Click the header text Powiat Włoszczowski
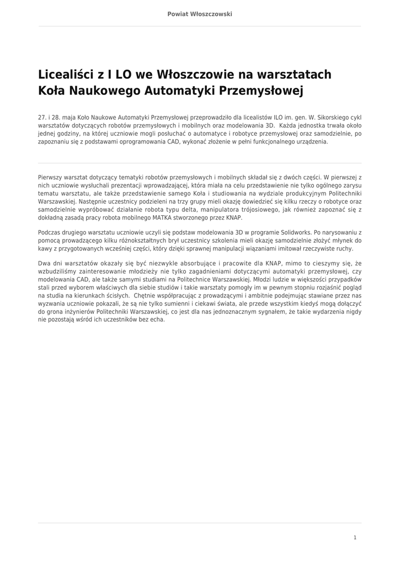tap(200, 14)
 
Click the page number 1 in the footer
tap(355, 537)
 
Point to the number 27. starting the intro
tap(42, 118)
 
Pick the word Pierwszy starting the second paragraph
tap(51, 178)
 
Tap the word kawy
tap(45, 248)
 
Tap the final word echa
tap(158, 319)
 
